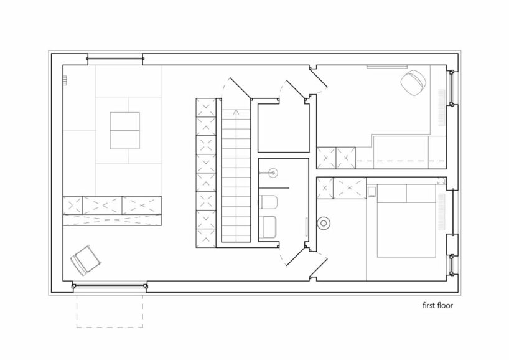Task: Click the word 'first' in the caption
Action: tap(429, 305)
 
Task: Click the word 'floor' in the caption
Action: tap(445, 305)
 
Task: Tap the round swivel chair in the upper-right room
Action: tap(413, 83)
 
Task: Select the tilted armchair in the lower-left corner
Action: tap(86, 260)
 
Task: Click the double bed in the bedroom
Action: tap(406, 221)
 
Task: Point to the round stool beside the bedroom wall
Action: tap(324, 223)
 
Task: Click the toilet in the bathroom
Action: tap(268, 202)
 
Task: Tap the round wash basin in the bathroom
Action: tap(273, 173)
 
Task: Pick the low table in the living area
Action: tap(124, 131)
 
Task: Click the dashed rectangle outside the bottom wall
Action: tap(110, 311)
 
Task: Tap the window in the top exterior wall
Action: tap(115, 59)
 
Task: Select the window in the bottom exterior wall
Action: tap(110, 287)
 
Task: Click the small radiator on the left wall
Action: tap(65, 80)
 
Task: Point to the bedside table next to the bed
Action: tap(371, 192)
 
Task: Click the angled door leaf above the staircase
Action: tap(241, 88)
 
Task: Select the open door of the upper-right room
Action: tap(317, 78)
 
